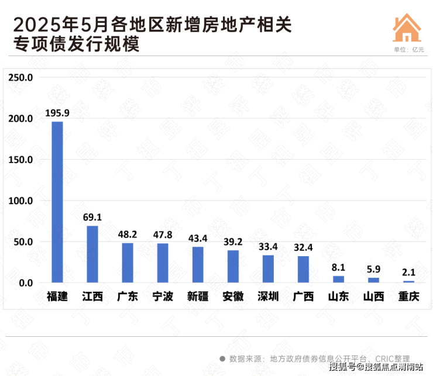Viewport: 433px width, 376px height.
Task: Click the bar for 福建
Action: pos(57,202)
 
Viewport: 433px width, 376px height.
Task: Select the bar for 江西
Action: pos(92,254)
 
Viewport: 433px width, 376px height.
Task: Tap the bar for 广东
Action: pos(128,263)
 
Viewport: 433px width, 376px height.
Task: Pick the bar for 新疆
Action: pos(198,264)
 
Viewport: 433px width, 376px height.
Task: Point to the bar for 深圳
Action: pos(268,268)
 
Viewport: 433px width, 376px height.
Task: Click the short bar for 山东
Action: pos(338,279)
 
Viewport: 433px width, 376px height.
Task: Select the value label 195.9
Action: pos(57,113)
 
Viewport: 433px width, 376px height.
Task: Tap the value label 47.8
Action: pos(163,234)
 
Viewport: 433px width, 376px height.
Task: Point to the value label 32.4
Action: pos(303,247)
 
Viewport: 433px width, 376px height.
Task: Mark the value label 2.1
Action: pos(408,272)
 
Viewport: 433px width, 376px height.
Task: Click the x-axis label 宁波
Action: pos(163,296)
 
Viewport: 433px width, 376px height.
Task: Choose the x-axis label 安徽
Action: pos(233,296)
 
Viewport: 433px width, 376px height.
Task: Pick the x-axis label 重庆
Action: pos(408,296)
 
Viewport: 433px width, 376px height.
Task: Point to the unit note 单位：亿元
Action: pos(408,49)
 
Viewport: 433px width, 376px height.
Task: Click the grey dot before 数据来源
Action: pos(222,358)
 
